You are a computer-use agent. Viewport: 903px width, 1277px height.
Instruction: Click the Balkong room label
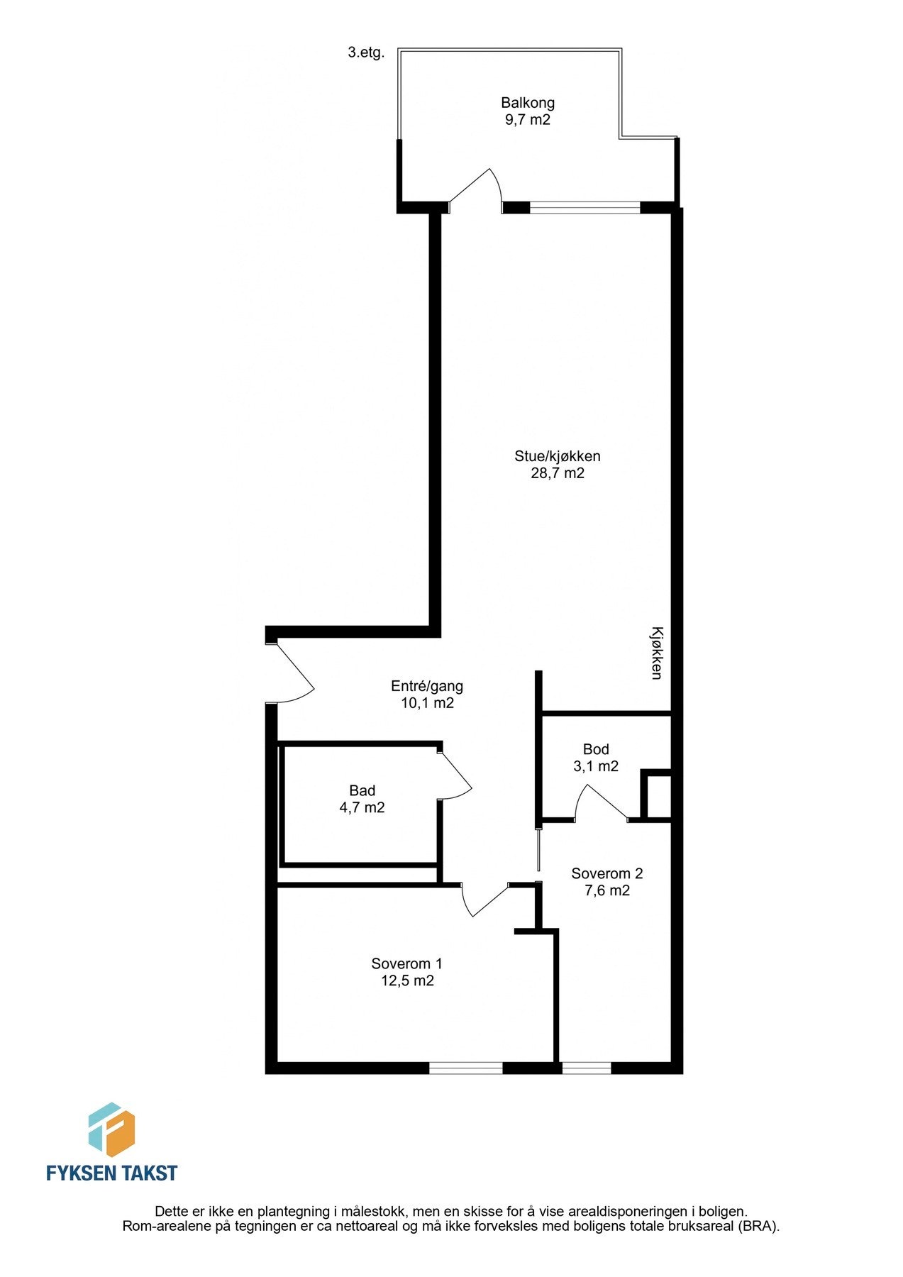pyautogui.click(x=527, y=103)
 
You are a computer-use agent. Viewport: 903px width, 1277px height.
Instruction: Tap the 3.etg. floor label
pyautogui.click(x=366, y=52)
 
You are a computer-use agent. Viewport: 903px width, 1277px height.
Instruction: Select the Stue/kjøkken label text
pyautogui.click(x=558, y=456)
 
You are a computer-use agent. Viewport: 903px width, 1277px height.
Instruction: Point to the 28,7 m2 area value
pyautogui.click(x=558, y=473)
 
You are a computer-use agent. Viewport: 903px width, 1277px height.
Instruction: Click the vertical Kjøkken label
pyautogui.click(x=657, y=653)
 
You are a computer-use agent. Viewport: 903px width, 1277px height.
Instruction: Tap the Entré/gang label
pyautogui.click(x=427, y=686)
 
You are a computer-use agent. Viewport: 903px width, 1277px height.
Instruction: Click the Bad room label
pyautogui.click(x=362, y=790)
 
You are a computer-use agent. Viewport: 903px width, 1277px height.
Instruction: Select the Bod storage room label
pyautogui.click(x=596, y=749)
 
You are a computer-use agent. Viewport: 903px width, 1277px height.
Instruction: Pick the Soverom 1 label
pyautogui.click(x=406, y=963)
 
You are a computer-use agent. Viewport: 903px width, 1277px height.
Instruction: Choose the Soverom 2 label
pyautogui.click(x=606, y=873)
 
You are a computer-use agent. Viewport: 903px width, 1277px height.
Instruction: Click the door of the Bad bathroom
pyautogui.click(x=455, y=774)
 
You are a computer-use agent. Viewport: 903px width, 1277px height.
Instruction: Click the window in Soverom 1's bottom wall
pyautogui.click(x=465, y=1068)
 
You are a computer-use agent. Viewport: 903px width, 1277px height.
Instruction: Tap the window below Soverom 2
pyautogui.click(x=586, y=1068)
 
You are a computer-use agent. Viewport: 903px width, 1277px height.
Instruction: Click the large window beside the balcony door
pyautogui.click(x=585, y=208)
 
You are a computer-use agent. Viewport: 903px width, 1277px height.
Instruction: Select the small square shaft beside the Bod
pyautogui.click(x=658, y=796)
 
